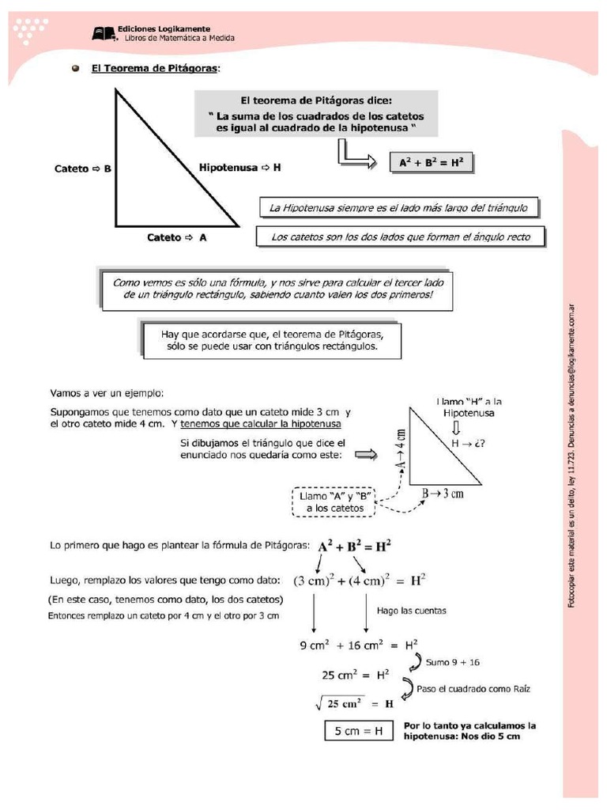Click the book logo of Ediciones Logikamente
104,33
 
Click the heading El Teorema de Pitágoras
155,69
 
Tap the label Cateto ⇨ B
83,168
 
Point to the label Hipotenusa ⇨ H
240,168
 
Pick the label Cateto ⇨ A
177,237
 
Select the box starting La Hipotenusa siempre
398,208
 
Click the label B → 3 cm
442,494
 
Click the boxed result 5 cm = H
358,731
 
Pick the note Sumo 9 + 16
453,660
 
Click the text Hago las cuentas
411,610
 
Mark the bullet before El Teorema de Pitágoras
76,69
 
